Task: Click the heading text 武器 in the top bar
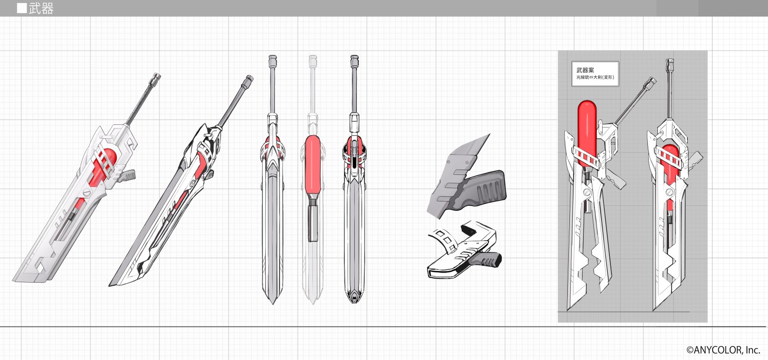click(x=41, y=8)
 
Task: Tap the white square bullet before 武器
click(x=22, y=8)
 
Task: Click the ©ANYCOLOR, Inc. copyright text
click(x=723, y=350)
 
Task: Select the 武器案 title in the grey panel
click(x=585, y=70)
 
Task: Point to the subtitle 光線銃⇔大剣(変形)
click(x=595, y=77)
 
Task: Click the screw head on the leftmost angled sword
click(x=87, y=194)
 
